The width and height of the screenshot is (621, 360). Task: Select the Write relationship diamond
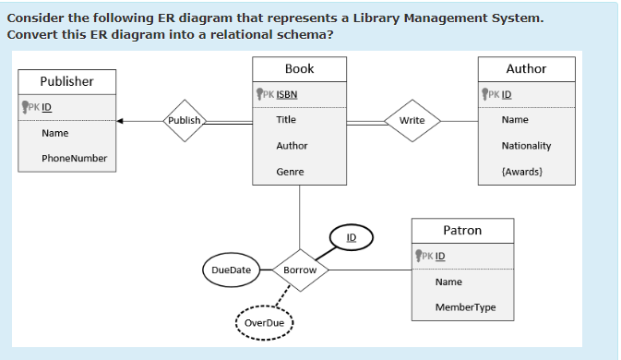coord(412,120)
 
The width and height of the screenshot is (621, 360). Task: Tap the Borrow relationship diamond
coord(300,270)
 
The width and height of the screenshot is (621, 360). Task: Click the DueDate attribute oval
coord(231,270)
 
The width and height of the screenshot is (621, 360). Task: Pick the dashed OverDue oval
coord(264,322)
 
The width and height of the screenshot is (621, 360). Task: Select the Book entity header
coord(299,69)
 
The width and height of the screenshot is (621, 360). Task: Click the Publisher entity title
coord(66,81)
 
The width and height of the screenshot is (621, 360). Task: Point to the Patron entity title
coord(461,230)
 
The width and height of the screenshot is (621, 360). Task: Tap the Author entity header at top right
coord(526,69)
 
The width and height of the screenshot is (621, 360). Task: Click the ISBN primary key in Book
coord(286,94)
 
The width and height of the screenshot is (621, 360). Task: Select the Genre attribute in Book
coord(290,172)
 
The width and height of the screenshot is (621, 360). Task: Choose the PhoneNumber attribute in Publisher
coord(74,158)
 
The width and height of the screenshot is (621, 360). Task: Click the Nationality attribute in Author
coord(526,146)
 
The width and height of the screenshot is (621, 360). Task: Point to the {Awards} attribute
coord(521,172)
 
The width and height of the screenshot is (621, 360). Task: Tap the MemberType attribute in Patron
coord(465,307)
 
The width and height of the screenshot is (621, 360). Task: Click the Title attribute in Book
coord(286,120)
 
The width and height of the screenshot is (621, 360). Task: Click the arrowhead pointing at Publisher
coord(121,120)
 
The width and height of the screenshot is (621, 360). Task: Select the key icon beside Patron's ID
coord(420,255)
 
